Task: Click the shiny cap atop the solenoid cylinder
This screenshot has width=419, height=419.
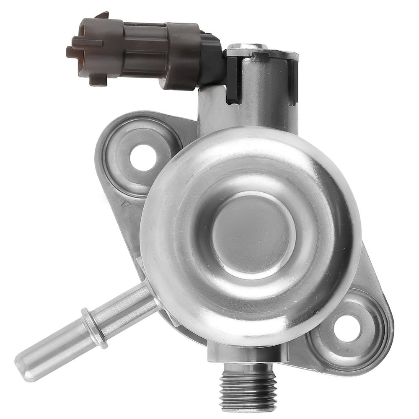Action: coord(248,46)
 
